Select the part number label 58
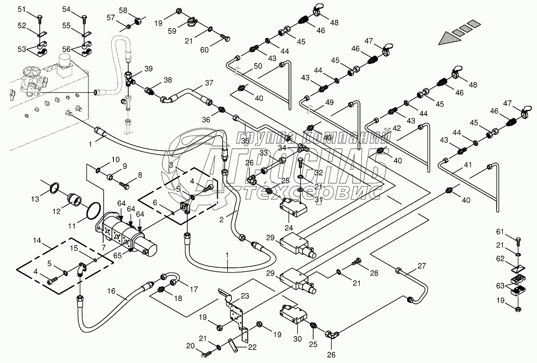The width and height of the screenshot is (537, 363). [x=123, y=11]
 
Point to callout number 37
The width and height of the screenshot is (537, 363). [x=209, y=83]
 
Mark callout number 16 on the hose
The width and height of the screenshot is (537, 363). [x=111, y=292]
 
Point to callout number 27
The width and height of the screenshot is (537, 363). [x=422, y=266]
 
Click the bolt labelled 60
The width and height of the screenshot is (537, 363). [x=226, y=39]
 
